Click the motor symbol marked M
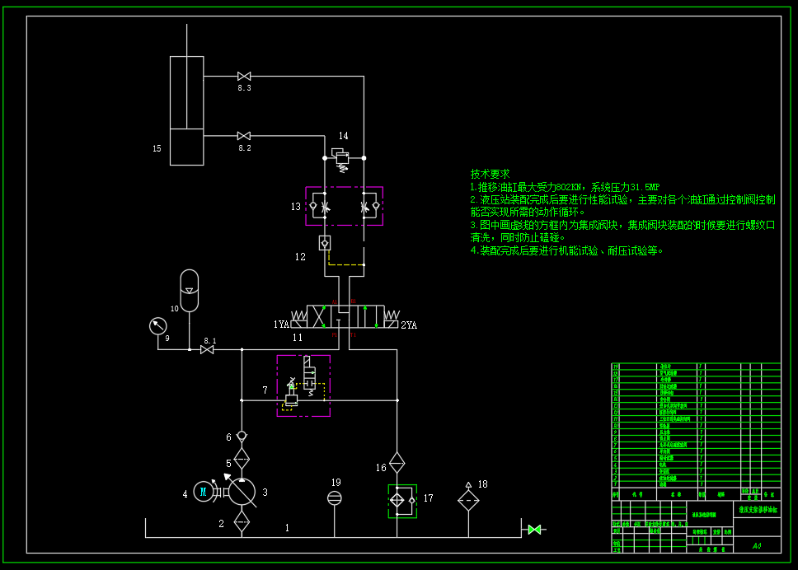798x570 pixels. pos(203,493)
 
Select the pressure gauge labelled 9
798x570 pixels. pos(157,326)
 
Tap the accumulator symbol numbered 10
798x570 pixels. pos(190,290)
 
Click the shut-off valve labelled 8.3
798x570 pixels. pos(244,77)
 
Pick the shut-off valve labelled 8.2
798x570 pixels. pos(244,136)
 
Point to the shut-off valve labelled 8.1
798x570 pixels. pos(207,350)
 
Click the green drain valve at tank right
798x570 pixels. pos(534,529)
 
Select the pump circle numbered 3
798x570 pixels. pos(242,492)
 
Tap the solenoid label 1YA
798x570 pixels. pos(282,325)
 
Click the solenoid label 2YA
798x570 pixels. pos(409,325)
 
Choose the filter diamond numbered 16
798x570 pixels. pos(397,461)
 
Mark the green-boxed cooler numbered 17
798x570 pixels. pos(402,499)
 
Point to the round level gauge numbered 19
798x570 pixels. pos(335,498)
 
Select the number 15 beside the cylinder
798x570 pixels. pos(157,149)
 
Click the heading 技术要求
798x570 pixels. pos(490,175)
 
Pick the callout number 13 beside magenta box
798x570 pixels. pos(295,207)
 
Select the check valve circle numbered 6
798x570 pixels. pos(242,436)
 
